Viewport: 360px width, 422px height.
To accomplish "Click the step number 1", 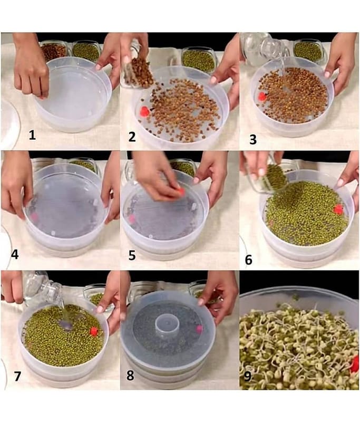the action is (x=32, y=135).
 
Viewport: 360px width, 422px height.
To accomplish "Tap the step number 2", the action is (x=132, y=137).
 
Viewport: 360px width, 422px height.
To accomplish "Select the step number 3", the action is (x=253, y=140).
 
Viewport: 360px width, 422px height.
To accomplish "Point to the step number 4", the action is (x=15, y=255).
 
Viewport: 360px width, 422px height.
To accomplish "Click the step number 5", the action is (x=132, y=255).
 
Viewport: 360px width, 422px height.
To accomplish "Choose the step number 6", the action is (x=249, y=260).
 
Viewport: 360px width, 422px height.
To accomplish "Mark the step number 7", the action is (x=17, y=376).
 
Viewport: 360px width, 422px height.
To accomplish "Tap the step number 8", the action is (x=130, y=375).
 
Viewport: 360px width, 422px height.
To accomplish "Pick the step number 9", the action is (x=247, y=376).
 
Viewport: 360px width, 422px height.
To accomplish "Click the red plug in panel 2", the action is (x=144, y=111).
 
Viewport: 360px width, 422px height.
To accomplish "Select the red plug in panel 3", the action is (x=262, y=96).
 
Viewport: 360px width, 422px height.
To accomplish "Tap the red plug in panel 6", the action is (x=338, y=209).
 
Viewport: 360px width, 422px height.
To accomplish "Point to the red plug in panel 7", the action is (x=94, y=331).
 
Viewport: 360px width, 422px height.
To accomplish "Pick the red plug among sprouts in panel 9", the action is (x=355, y=364).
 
